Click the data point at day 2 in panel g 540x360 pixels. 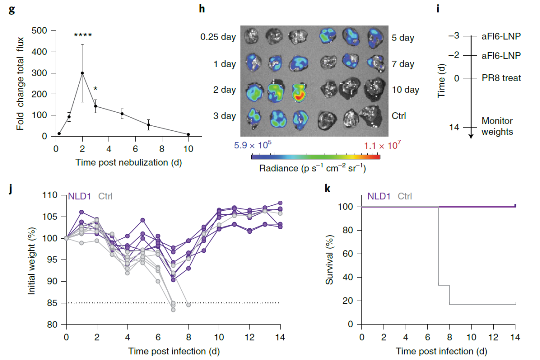[82, 73]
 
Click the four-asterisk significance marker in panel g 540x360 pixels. [83, 36]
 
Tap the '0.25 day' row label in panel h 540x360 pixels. [218, 37]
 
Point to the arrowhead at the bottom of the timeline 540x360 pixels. [471, 135]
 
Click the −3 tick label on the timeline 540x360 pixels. [453, 36]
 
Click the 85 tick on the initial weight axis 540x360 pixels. [53, 303]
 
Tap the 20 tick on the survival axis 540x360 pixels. [349, 301]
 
